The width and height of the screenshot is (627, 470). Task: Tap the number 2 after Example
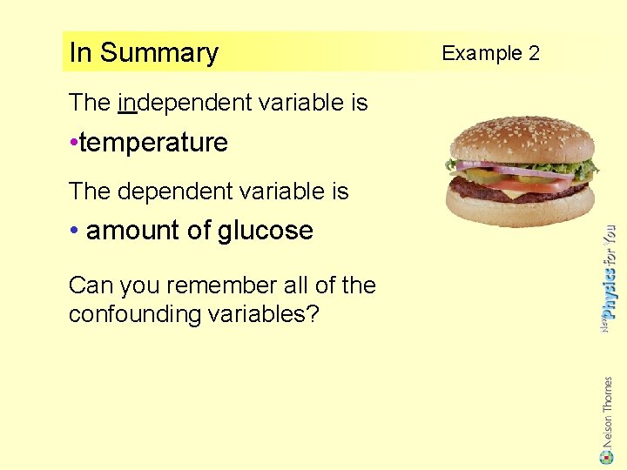[533, 53]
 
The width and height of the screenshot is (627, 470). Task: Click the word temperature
[153, 143]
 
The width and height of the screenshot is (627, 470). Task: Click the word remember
[211, 285]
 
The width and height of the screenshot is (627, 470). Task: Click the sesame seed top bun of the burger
[522, 139]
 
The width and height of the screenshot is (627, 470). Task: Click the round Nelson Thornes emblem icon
[607, 455]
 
